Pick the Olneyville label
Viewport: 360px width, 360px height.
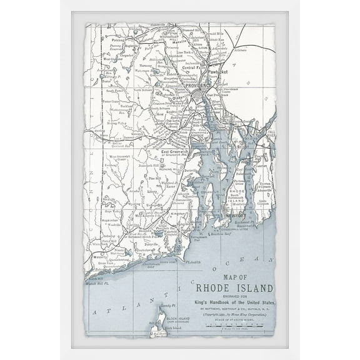pos(179,98)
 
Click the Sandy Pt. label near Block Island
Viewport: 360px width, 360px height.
pos(165,306)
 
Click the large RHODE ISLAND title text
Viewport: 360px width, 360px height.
pos(234,288)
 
